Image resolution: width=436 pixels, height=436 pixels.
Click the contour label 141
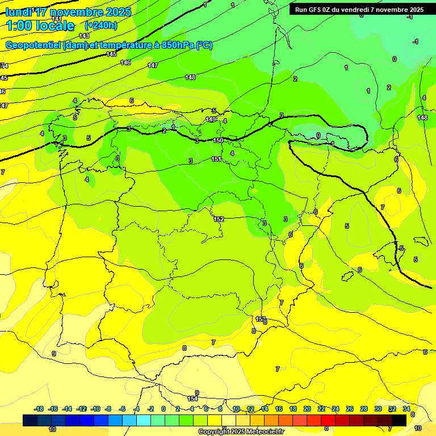[57, 19]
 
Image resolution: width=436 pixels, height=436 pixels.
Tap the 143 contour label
[84, 36]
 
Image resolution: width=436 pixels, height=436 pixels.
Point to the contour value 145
[111, 54]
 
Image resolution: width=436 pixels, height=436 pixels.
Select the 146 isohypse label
[125, 62]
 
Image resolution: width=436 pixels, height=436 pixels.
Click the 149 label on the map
[211, 119]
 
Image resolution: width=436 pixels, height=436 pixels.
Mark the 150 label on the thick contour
[218, 140]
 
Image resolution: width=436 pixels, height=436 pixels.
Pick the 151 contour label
[216, 159]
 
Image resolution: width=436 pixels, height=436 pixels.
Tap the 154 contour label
[192, 399]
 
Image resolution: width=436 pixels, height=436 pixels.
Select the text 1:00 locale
[40, 26]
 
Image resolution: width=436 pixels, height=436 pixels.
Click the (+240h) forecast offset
[101, 26]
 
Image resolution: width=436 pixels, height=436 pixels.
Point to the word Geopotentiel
[34, 45]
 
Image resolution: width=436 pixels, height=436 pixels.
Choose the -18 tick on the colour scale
[39, 409]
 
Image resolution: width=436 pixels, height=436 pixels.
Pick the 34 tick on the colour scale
[406, 409]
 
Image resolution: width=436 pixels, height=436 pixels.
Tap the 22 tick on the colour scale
[321, 409]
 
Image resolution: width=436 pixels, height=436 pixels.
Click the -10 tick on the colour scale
[95, 409]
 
